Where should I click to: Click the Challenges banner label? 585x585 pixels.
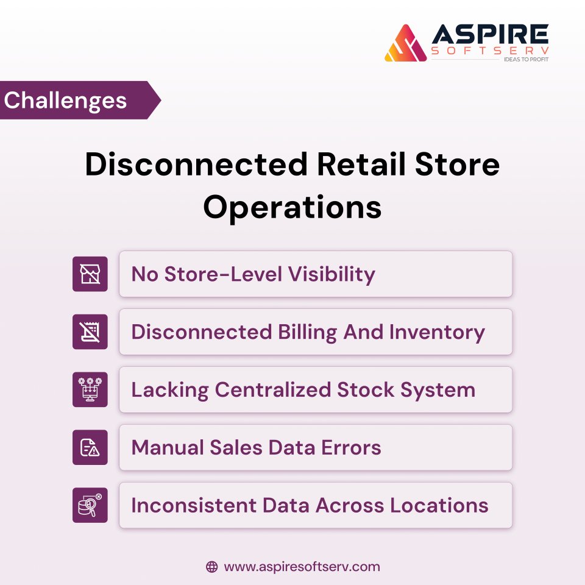pyautogui.click(x=66, y=100)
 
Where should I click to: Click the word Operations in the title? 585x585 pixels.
pyautogui.click(x=292, y=207)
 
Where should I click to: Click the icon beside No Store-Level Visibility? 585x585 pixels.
pyautogui.click(x=90, y=274)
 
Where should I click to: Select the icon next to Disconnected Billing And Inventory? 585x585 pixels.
pyautogui.click(x=90, y=332)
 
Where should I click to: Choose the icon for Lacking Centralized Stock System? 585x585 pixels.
pyautogui.click(x=90, y=390)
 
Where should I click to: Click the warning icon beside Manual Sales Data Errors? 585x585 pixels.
pyautogui.click(x=90, y=448)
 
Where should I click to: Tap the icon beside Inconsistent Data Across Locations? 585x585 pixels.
pyautogui.click(x=90, y=505)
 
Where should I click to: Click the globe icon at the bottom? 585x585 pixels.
pyautogui.click(x=211, y=567)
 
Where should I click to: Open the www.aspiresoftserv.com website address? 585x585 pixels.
pyautogui.click(x=302, y=567)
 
